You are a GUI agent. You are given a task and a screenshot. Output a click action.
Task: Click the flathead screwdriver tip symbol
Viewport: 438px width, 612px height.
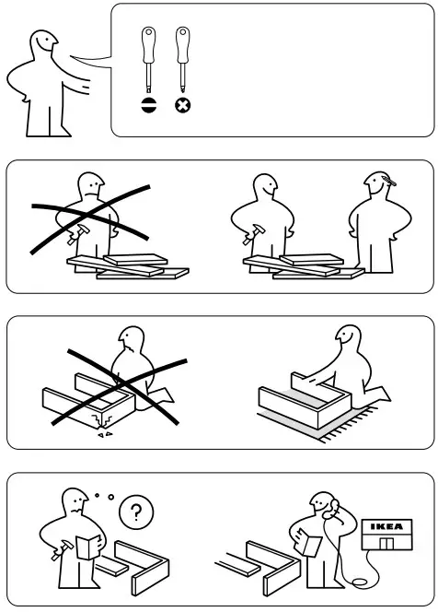(148, 106)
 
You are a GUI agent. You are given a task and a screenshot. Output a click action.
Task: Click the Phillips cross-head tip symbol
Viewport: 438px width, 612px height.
(182, 106)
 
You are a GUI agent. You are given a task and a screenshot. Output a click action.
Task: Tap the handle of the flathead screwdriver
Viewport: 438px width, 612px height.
(147, 42)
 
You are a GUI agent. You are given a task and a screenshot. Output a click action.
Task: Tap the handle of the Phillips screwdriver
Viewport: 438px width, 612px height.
(181, 42)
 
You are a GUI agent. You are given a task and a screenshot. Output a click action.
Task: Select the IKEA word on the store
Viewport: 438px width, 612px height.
(385, 526)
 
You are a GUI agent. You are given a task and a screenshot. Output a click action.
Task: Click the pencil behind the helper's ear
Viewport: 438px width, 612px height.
(391, 182)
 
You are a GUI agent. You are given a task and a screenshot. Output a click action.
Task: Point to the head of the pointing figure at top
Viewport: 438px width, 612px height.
(40, 45)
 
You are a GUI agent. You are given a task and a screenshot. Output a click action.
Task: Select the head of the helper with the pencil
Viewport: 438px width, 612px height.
(380, 189)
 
